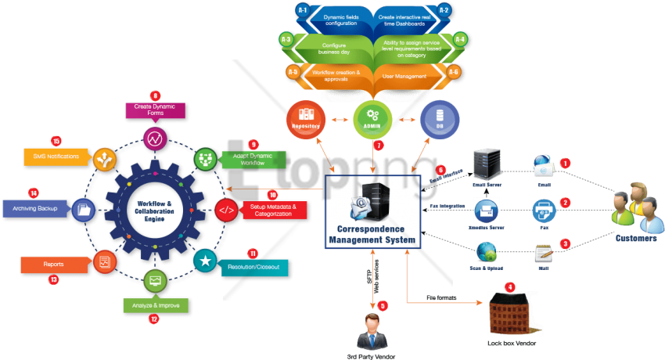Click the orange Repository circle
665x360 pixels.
tap(306, 121)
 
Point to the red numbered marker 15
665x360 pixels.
tap(56, 141)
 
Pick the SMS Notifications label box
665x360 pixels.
tap(52, 157)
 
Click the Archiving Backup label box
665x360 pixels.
tap(39, 209)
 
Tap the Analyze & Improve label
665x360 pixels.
tap(154, 304)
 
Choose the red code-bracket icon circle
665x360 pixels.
tap(226, 210)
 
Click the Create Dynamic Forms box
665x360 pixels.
tap(153, 110)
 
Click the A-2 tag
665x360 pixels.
tap(443, 10)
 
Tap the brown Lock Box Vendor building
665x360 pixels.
tap(508, 315)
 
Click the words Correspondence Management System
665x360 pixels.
tap(372, 233)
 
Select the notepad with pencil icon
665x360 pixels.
tap(544, 253)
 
